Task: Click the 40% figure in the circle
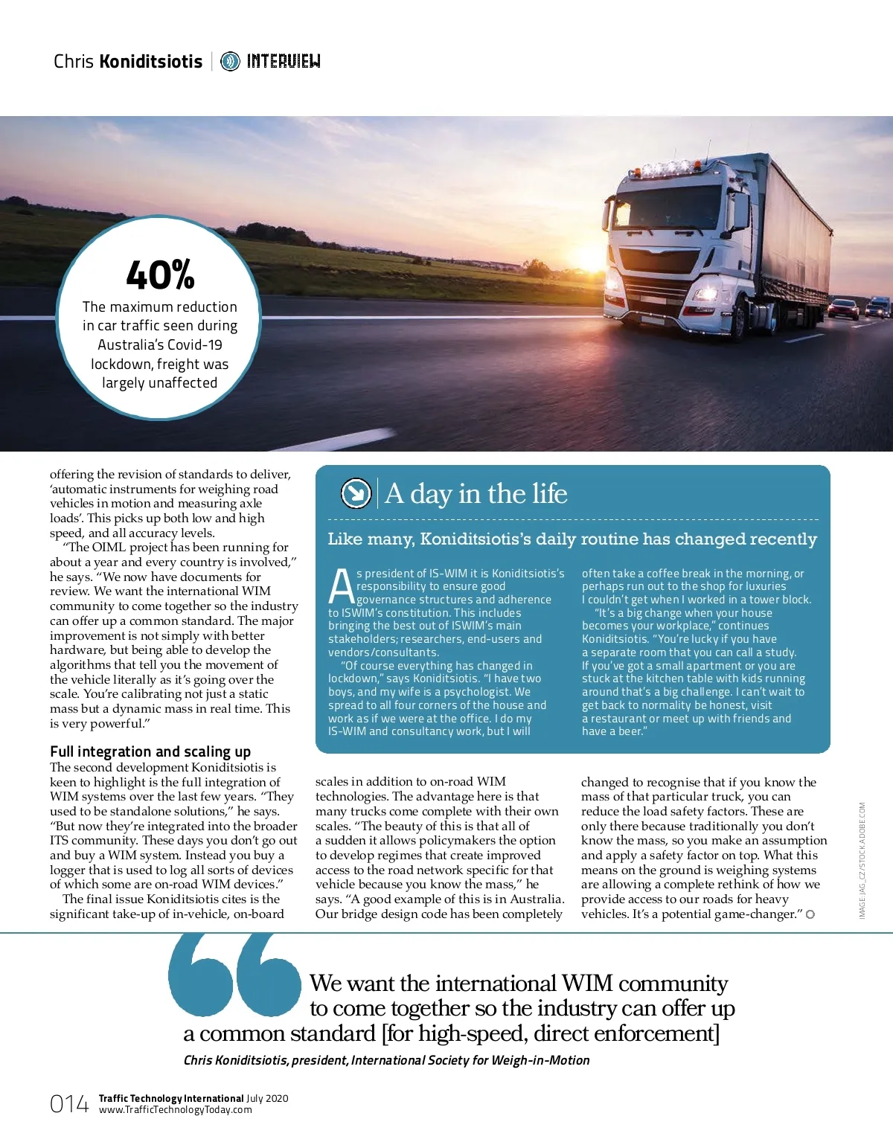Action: point(160,275)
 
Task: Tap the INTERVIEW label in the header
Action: point(284,61)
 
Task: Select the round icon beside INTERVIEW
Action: point(230,61)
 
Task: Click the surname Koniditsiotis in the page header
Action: point(151,61)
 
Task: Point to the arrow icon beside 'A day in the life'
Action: point(356,493)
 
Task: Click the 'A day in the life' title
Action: point(476,493)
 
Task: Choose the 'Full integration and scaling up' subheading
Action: point(150,751)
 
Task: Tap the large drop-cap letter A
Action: point(341,586)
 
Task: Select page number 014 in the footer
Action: point(68,1104)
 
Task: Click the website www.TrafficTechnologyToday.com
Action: point(176,1110)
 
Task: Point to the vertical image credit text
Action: point(862,859)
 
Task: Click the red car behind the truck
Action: point(843,308)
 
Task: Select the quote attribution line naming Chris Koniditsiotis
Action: point(386,1060)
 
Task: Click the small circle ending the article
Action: point(810,914)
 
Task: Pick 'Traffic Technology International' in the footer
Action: point(171,1098)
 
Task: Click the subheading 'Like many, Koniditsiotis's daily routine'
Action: point(572,539)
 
